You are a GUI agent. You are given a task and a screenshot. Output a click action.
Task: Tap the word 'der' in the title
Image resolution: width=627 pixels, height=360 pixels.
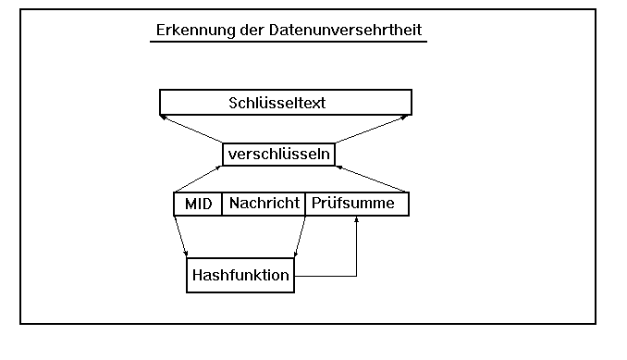[250, 30]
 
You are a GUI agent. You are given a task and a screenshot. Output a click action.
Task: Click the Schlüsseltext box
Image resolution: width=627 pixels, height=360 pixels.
[285, 101]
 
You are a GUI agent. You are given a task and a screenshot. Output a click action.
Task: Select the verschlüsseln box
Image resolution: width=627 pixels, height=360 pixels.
[278, 154]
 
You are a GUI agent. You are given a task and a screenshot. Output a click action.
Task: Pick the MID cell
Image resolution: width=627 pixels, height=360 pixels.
[198, 204]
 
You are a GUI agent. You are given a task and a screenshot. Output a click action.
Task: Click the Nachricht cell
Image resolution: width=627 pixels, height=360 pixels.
[264, 204]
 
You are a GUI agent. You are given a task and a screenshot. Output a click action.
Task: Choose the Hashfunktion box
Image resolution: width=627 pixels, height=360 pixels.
[240, 275]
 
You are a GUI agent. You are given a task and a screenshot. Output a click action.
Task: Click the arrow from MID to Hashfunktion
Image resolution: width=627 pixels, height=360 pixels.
[181, 236]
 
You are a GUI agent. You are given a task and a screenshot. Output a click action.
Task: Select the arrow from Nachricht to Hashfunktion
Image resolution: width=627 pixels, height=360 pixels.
[298, 236]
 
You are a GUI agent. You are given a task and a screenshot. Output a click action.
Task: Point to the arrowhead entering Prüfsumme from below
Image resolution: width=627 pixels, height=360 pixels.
[357, 221]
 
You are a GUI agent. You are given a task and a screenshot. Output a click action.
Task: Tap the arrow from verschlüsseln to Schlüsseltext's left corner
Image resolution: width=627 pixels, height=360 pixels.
[191, 130]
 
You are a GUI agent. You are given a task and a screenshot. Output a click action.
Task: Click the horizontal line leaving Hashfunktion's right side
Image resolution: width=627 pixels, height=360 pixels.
[324, 276]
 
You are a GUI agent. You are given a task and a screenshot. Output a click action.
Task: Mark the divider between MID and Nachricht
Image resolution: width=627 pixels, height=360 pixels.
[222, 204]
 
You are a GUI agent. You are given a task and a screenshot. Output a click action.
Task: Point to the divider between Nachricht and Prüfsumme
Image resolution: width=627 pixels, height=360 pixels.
[304, 204]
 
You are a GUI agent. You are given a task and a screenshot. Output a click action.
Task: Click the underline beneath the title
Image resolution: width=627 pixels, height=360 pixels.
[288, 43]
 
